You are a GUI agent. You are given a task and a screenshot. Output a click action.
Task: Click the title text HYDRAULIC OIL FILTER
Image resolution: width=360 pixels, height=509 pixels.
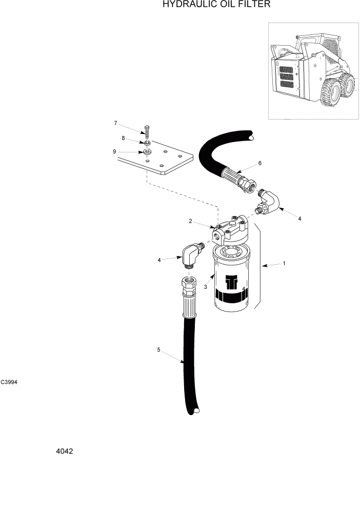[x=216, y=5]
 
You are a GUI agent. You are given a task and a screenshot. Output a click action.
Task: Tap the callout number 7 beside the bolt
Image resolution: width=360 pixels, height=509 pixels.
[x=116, y=123]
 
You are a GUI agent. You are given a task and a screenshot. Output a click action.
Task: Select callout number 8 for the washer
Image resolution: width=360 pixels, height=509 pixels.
[x=123, y=138]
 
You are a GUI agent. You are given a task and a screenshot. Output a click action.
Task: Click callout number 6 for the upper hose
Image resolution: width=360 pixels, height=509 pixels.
[x=260, y=163]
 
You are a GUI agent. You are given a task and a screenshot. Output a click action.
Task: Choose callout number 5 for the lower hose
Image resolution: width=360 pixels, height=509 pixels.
[x=159, y=350]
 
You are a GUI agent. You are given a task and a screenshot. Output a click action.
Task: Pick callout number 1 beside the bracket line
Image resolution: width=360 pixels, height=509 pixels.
[x=284, y=264]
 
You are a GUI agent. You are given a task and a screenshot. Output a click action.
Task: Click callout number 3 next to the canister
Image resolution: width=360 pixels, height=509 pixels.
[x=205, y=287]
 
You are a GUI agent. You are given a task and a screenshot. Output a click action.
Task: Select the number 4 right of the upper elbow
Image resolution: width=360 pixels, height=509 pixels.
[x=299, y=219]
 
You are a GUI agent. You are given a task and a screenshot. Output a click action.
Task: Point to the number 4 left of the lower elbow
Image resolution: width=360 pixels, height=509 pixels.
[x=159, y=260]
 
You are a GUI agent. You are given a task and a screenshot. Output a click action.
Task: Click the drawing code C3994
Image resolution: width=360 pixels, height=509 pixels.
[x=9, y=382]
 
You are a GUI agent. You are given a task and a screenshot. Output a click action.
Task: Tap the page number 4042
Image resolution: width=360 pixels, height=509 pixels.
[x=65, y=452]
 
